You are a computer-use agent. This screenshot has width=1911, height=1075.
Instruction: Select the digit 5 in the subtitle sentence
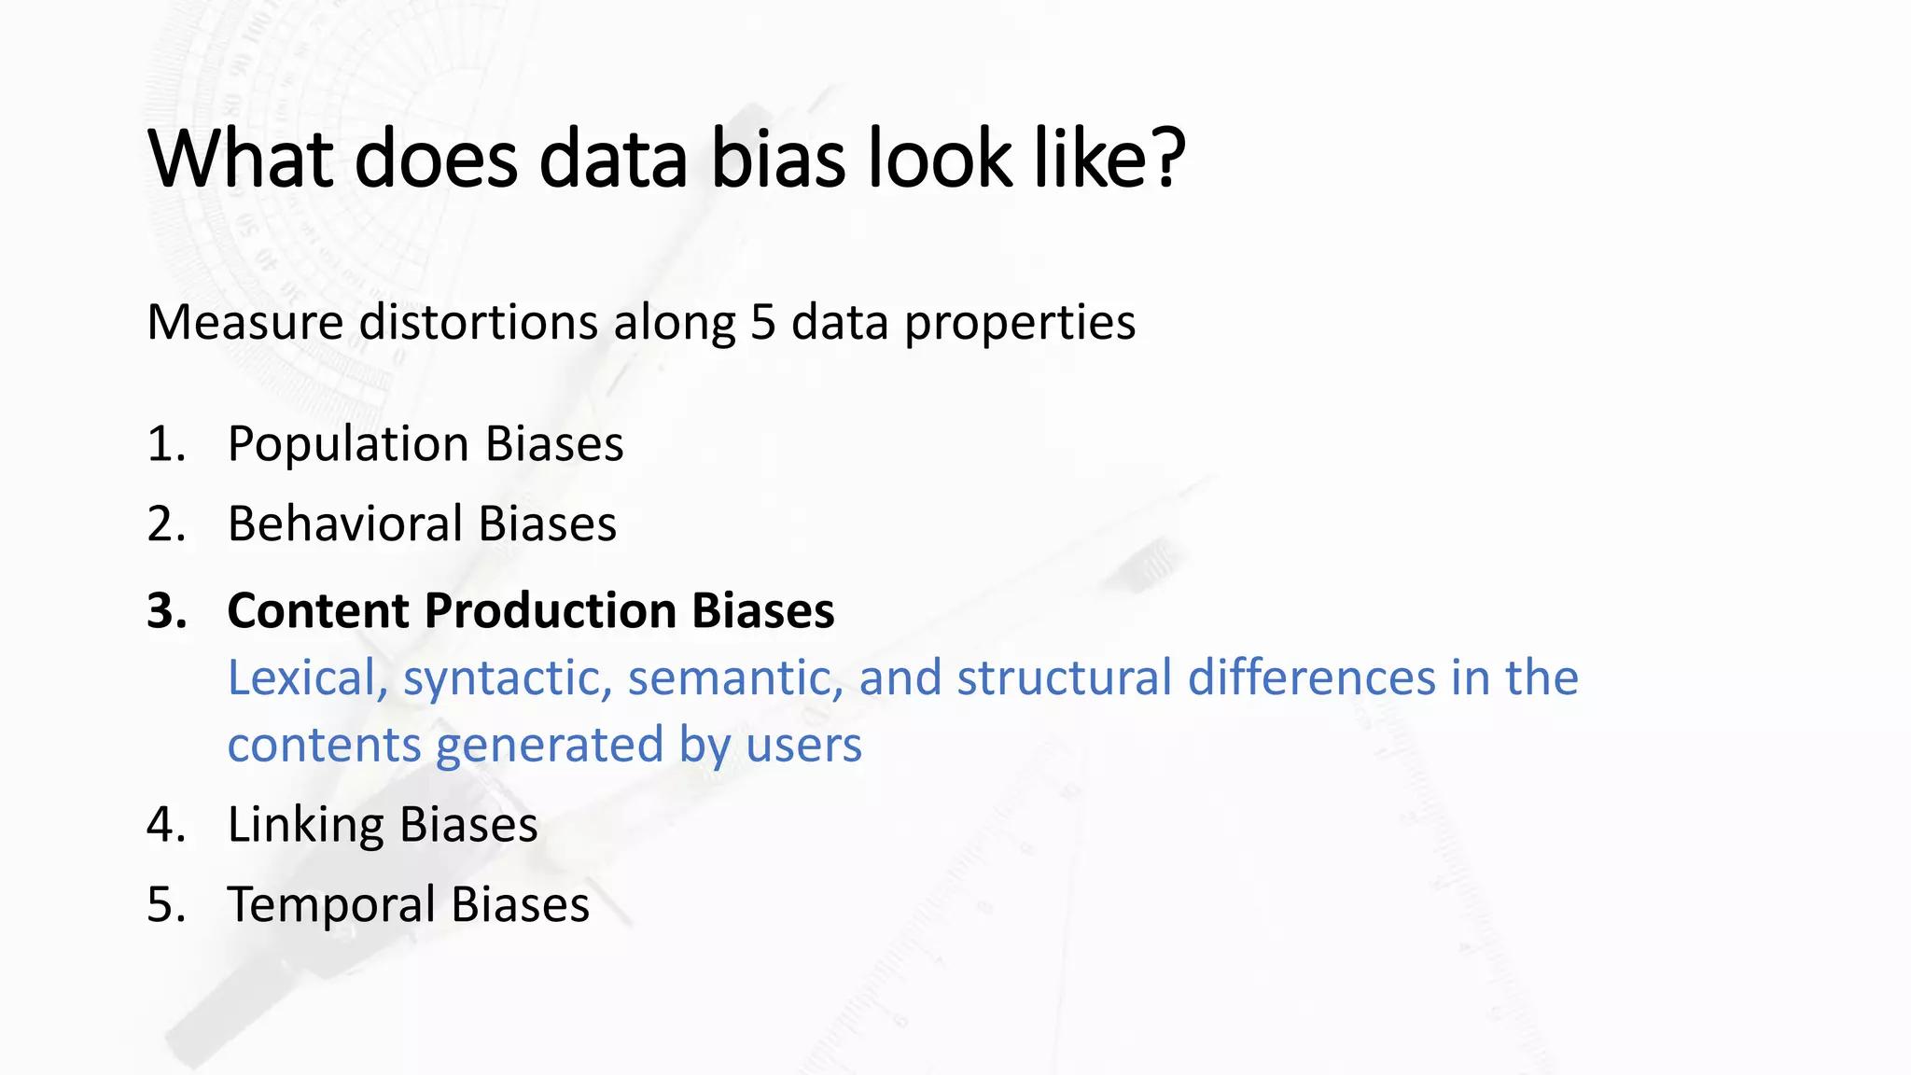(762, 323)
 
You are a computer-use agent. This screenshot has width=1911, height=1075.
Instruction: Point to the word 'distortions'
(479, 323)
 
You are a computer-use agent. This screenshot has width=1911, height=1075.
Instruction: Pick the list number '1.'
(166, 444)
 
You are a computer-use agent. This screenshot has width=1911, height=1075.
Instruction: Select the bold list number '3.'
(167, 611)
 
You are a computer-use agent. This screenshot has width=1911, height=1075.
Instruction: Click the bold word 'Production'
(550, 611)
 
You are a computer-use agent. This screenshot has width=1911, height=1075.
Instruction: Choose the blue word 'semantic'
(735, 678)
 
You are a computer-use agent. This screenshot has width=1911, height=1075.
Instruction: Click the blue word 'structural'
(1064, 678)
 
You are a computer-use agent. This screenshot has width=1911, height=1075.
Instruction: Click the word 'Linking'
(304, 826)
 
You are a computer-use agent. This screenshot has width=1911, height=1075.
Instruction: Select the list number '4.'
(166, 826)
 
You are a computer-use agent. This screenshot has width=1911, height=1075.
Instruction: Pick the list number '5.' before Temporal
(166, 905)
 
